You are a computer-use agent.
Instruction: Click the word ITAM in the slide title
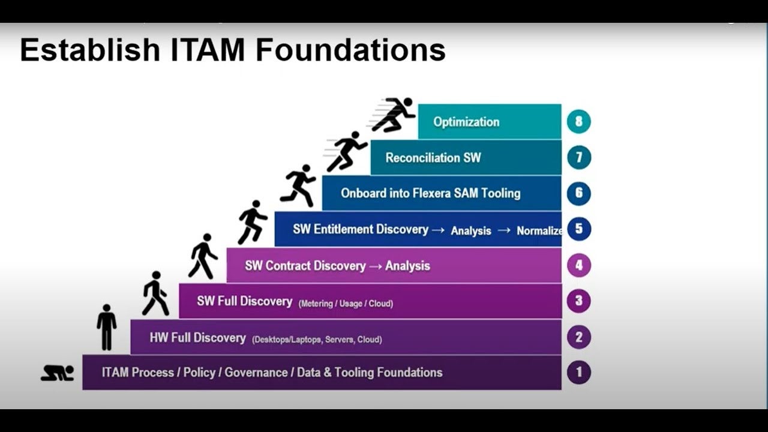[207, 50]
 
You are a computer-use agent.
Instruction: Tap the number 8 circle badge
[579, 121]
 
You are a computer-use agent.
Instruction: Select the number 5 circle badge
[579, 229]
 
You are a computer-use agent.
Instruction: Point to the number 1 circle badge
[579, 372]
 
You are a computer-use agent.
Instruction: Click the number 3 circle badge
[579, 301]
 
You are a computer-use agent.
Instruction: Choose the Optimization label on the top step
[466, 122]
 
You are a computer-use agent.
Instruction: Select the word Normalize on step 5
[539, 231]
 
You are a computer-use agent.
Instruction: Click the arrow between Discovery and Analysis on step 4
[376, 266]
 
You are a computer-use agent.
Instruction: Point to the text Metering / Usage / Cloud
[346, 304]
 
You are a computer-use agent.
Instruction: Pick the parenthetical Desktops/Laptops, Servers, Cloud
[317, 340]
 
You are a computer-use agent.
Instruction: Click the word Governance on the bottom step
[256, 373]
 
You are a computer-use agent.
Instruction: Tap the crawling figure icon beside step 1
[57, 373]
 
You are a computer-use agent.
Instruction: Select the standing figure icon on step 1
[107, 327]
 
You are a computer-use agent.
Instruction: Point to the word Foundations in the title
[350, 50]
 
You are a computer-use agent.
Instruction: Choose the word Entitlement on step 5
[371, 229]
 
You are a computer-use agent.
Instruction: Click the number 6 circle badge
[579, 193]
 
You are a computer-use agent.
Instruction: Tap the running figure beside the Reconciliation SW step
[347, 151]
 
